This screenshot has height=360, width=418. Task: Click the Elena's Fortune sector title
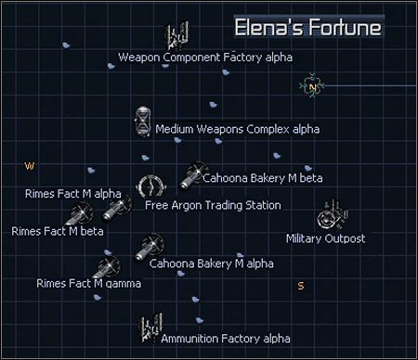[307, 27]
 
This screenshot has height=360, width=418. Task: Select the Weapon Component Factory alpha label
[205, 58]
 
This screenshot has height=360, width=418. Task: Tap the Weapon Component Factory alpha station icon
[176, 38]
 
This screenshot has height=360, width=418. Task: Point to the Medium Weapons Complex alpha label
[237, 130]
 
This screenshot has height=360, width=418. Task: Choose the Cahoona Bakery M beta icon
[193, 174]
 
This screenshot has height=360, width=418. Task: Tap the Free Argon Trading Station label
[213, 204]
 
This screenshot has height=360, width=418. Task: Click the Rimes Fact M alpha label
[73, 193]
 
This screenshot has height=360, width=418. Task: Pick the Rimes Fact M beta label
[58, 231]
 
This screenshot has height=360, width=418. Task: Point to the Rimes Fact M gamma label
[89, 283]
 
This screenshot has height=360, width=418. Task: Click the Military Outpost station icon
[331, 216]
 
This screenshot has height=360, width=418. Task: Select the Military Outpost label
[325, 238]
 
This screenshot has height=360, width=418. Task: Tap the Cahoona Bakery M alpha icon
[150, 246]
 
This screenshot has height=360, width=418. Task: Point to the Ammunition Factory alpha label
[226, 339]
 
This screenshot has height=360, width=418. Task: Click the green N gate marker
[313, 86]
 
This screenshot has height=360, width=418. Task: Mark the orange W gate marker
[29, 166]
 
